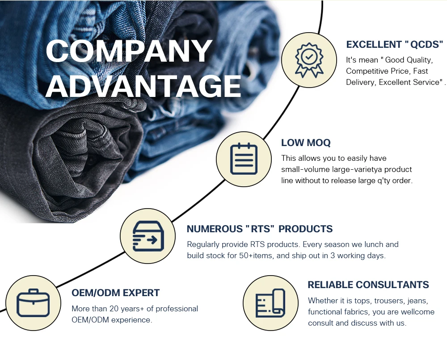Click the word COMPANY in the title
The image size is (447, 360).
(x=129, y=51)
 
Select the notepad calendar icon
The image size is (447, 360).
(x=244, y=159)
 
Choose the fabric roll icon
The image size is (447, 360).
(x=270, y=303)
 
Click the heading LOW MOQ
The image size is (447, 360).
(x=306, y=143)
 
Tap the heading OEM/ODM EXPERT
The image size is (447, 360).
(x=115, y=293)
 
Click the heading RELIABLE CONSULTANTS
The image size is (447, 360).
(x=368, y=285)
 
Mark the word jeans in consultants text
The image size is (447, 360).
(x=418, y=301)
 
